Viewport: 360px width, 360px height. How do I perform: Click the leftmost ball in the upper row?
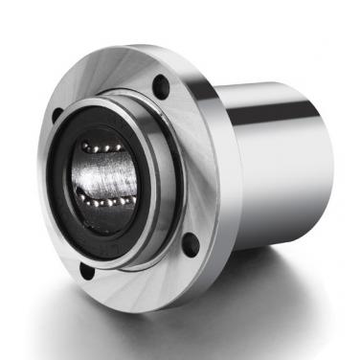pos(83,145)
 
